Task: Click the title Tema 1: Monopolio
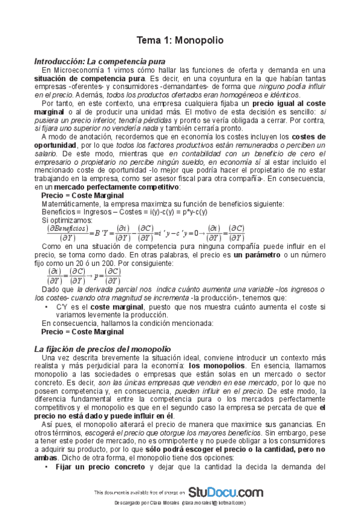180,40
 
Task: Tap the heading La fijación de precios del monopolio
102,349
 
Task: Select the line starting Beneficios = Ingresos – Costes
124,212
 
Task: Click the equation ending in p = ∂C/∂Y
84,275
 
